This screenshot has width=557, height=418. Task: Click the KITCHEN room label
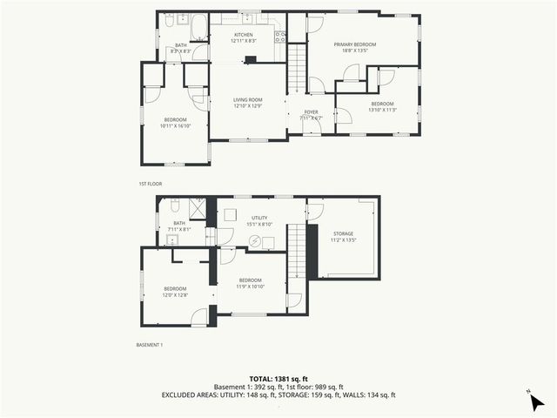click(x=242, y=35)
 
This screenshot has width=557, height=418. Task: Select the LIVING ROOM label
click(x=247, y=100)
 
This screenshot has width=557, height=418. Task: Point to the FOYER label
click(x=310, y=112)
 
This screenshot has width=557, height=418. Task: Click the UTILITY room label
click(x=259, y=218)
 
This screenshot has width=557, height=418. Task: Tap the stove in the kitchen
click(x=280, y=37)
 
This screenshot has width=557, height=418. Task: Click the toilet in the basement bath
click(x=175, y=207)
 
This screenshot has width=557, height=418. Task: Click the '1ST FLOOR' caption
click(x=150, y=184)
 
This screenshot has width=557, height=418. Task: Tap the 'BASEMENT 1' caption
click(x=150, y=345)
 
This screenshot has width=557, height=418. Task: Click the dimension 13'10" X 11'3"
click(x=382, y=109)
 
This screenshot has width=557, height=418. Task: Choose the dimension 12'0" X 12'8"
click(x=175, y=294)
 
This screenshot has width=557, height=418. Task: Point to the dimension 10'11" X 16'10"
click(x=175, y=125)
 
